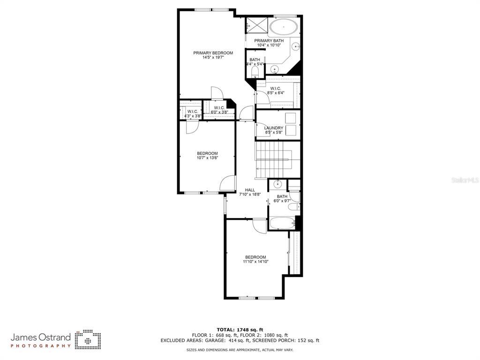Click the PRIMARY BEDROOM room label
click(213, 53)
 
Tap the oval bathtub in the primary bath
click(284, 27)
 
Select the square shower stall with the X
click(257, 24)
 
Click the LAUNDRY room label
click(274, 128)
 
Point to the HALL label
click(250, 190)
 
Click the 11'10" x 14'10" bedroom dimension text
click(255, 262)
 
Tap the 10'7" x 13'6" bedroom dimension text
click(207, 158)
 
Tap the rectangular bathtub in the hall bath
click(282, 223)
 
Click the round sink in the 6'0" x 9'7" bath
click(277, 184)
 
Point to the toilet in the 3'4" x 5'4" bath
click(255, 72)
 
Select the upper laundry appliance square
click(291, 118)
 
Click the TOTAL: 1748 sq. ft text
click(240, 330)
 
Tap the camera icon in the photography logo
click(88, 340)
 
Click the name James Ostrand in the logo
click(41, 337)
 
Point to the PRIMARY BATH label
click(269, 41)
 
